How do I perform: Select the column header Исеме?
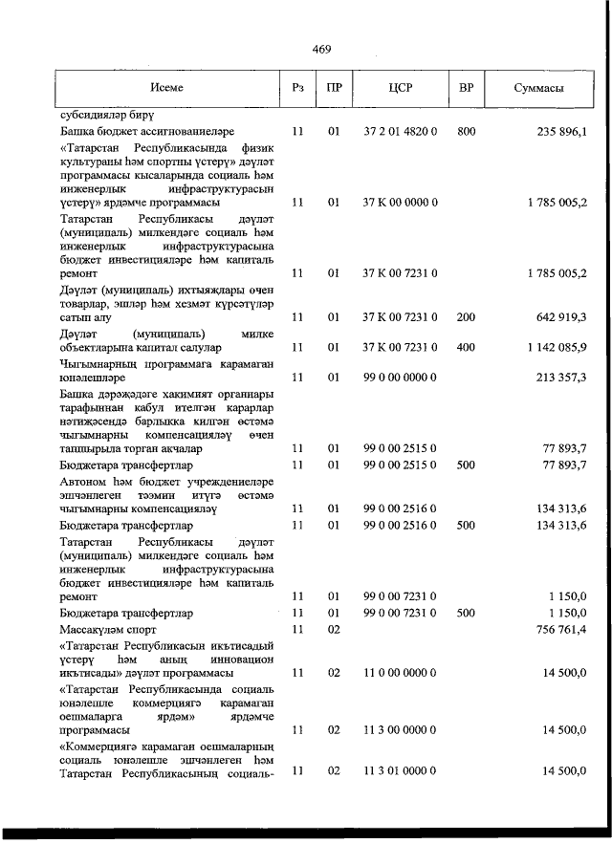(166, 88)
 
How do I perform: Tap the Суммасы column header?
(537, 88)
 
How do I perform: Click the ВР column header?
(466, 88)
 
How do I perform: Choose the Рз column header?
(297, 88)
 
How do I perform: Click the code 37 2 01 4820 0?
(401, 131)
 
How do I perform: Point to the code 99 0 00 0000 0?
(401, 378)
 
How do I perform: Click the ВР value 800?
(466, 131)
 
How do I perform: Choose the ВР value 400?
(466, 347)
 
